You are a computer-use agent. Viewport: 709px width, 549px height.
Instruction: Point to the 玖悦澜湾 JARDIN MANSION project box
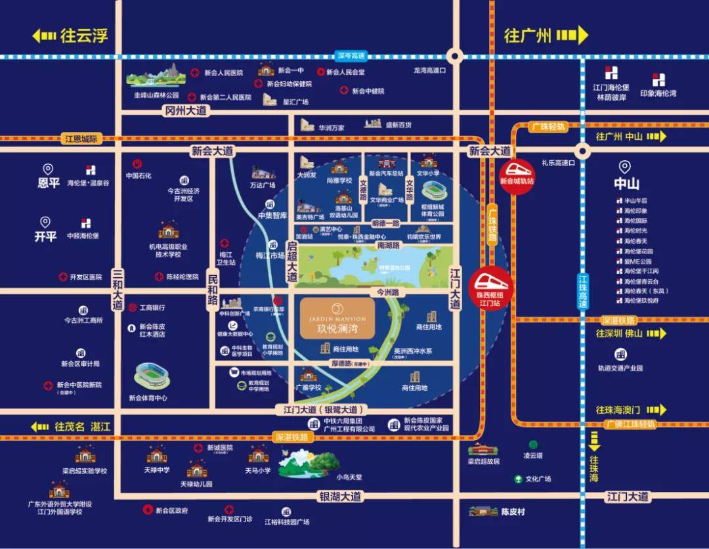pos(337,318)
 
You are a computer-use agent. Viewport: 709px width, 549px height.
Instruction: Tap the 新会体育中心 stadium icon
pos(152,376)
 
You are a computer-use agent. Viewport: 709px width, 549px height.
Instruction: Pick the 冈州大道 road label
pos(186,111)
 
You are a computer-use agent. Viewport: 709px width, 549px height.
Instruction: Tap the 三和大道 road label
pos(118,289)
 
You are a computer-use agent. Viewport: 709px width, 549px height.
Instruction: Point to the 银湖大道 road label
pos(340,496)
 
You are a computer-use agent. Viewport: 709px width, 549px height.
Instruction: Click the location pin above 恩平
pos(47,169)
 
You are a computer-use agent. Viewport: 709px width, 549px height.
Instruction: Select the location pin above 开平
pos(45,223)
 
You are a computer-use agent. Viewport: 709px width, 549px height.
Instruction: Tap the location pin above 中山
pos(624,167)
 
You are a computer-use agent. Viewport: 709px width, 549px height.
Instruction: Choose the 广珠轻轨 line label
pos(548,126)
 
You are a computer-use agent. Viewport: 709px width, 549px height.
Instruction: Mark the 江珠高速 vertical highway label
pos(582,292)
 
